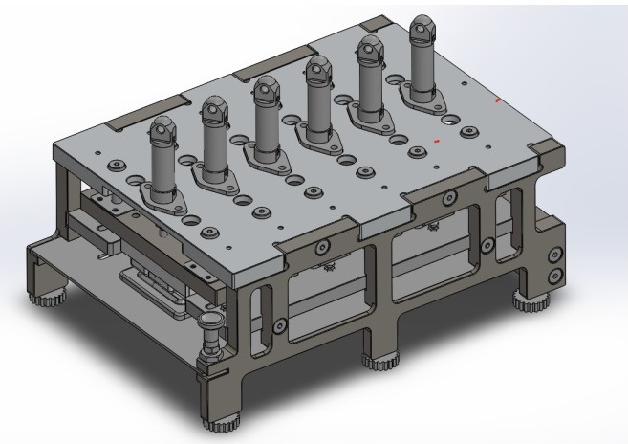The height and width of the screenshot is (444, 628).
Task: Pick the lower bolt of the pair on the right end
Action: pos(552,277)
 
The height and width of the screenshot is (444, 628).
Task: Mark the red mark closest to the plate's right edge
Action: pos(497,100)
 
